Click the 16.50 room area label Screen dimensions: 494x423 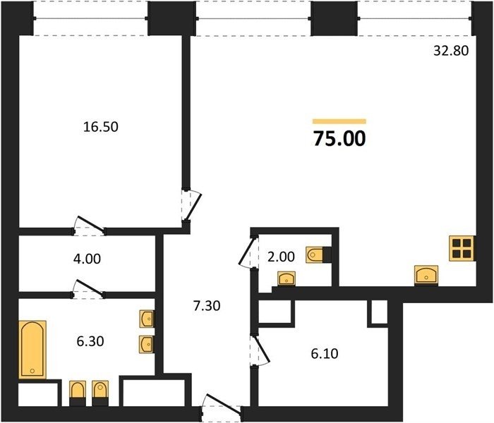click(x=101, y=127)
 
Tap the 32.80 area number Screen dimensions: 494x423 click(x=451, y=51)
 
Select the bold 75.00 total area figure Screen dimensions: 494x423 click(x=339, y=139)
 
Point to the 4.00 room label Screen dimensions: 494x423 click(x=87, y=259)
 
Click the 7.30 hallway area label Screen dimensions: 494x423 click(x=207, y=305)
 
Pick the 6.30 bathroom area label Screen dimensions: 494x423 click(x=90, y=341)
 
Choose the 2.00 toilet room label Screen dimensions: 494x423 click(x=281, y=257)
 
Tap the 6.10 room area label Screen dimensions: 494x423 click(x=325, y=354)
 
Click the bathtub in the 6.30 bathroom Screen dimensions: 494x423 click(x=32, y=350)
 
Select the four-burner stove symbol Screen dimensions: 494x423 click(x=462, y=248)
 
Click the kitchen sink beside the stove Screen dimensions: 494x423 click(x=426, y=276)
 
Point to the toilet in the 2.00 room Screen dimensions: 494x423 click(x=318, y=255)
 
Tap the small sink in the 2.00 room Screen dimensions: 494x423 click(x=287, y=279)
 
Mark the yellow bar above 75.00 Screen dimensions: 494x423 click(x=339, y=121)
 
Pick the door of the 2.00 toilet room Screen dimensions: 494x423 click(x=248, y=252)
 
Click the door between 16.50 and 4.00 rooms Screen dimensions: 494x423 click(x=90, y=226)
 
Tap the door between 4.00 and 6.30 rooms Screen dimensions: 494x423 click(x=88, y=288)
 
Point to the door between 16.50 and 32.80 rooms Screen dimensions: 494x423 click(x=192, y=205)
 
